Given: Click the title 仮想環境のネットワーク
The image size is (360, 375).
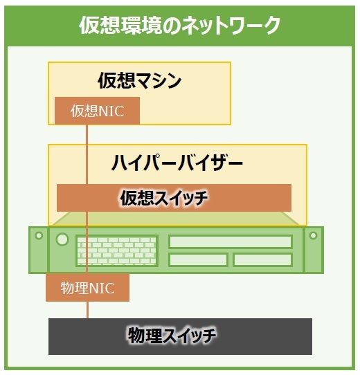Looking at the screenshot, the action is point(179,25).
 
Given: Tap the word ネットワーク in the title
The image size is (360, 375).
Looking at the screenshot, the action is point(231,25).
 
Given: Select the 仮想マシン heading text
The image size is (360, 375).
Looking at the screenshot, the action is point(140,80).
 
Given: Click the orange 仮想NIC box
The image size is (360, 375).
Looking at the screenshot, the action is point(97,111).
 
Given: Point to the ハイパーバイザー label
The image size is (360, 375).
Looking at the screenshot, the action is point(177,163).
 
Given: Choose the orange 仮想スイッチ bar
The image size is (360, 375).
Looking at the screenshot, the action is point(174,198).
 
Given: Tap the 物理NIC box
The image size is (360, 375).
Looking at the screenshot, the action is point(88,287).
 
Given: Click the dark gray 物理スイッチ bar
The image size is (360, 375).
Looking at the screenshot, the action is point(180,336).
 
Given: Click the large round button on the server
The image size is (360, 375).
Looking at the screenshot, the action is point(62,239).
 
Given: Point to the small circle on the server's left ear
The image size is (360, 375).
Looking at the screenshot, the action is point(39,235).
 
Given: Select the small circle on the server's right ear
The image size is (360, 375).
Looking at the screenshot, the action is point(313,235).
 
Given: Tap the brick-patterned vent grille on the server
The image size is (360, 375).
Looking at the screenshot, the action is point(117,251).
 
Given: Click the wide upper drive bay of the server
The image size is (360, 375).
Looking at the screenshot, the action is point(231,241).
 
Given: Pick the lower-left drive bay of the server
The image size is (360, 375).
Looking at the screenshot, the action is point(198,259).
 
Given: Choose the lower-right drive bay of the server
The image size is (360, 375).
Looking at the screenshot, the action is point(263,259).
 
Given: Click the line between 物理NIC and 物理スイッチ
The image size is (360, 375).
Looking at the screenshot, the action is point(87,310).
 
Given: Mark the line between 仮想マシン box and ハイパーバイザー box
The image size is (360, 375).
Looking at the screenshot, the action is point(87,134).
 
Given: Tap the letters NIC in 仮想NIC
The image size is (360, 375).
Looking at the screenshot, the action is point(111,111).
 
